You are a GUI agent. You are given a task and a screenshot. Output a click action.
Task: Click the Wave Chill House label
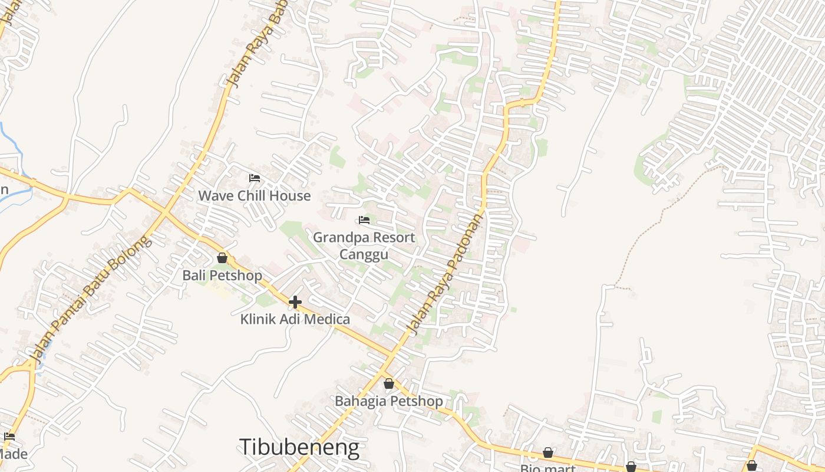pyautogui.click(x=254, y=196)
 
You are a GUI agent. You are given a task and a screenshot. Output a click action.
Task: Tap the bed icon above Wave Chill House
pyautogui.click(x=255, y=178)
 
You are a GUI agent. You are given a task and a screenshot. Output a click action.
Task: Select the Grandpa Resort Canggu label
pyautogui.click(x=364, y=245)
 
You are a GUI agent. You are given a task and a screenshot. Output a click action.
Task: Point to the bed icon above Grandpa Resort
pyautogui.click(x=364, y=220)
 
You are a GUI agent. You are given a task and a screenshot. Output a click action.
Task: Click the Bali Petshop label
pyautogui.click(x=222, y=276)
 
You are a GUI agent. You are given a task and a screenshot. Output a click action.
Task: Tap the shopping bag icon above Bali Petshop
pyautogui.click(x=222, y=258)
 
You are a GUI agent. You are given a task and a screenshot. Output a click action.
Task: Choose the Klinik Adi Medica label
pyautogui.click(x=295, y=320)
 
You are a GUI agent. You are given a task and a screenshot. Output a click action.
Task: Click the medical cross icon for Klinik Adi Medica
pyautogui.click(x=295, y=302)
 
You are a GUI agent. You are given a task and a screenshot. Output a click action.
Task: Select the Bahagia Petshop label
pyautogui.click(x=388, y=401)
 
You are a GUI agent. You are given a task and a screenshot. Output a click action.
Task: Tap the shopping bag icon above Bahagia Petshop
pyautogui.click(x=389, y=383)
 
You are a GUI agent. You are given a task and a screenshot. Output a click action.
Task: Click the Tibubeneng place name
pyautogui.click(x=299, y=447)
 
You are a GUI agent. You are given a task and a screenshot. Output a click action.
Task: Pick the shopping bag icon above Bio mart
pyautogui.click(x=548, y=453)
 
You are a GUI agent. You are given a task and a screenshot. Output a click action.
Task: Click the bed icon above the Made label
pyautogui.click(x=9, y=437)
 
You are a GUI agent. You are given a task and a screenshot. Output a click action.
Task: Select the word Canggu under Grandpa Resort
pyautogui.click(x=364, y=254)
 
